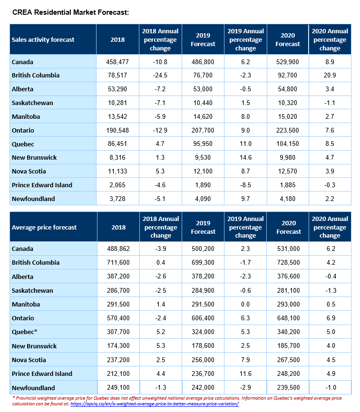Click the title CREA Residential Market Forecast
(70, 12)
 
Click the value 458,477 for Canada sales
(117, 62)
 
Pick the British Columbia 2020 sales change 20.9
(330, 76)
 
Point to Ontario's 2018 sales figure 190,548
(117, 130)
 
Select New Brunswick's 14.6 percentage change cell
(245, 158)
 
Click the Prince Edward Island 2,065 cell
(117, 185)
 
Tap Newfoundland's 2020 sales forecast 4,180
(287, 199)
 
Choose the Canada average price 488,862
(118, 249)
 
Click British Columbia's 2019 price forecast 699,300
(203, 262)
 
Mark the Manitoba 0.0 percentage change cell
(245, 304)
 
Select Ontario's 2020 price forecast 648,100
(289, 318)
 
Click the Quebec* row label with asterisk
(24, 332)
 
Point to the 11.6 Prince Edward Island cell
(245, 374)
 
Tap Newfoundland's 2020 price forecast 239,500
(289, 388)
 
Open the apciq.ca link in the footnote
(155, 404)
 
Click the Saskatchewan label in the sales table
(32, 103)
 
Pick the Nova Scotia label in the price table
(29, 360)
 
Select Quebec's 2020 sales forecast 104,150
(287, 144)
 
